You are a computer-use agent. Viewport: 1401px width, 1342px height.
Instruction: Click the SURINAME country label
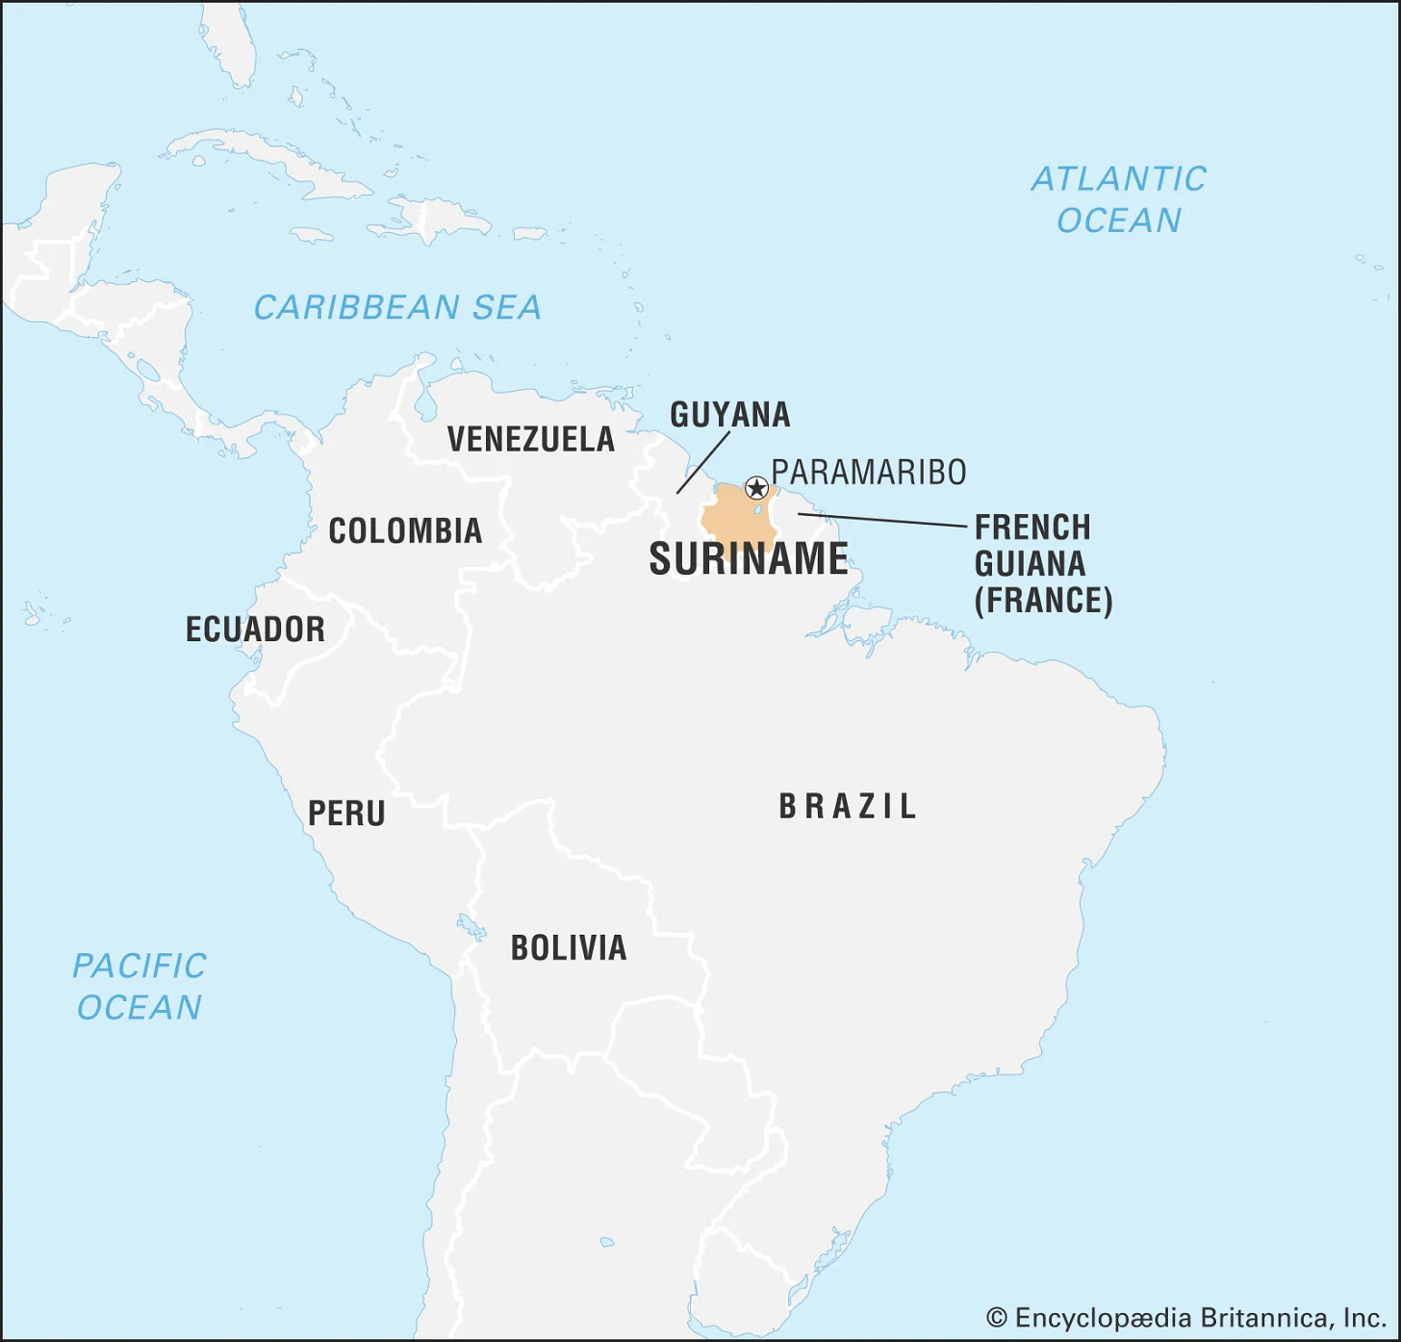(x=749, y=559)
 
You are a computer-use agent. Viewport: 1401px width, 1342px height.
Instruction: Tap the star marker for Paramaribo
(x=757, y=488)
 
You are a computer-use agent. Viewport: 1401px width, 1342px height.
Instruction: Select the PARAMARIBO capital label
(x=869, y=473)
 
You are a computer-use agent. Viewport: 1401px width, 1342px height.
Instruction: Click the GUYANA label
(x=730, y=415)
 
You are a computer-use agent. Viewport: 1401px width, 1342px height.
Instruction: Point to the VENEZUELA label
(x=531, y=440)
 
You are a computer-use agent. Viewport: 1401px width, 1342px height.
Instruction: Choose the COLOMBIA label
(x=405, y=531)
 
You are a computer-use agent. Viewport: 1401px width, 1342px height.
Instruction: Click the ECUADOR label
(x=255, y=630)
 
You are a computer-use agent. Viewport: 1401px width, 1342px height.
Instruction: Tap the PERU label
(x=346, y=814)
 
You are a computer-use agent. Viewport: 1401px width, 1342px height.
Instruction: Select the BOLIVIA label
(x=569, y=948)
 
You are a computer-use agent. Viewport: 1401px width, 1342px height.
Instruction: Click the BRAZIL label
(x=848, y=807)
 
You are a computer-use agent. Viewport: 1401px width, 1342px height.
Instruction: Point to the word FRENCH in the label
(x=1032, y=529)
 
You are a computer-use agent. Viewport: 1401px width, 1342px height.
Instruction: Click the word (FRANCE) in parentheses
(x=1043, y=601)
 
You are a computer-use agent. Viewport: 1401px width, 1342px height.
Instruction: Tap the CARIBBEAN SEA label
(x=397, y=308)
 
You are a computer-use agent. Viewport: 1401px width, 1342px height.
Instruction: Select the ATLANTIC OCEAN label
(x=1118, y=200)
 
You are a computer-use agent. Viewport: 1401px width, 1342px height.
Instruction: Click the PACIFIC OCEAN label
(x=140, y=987)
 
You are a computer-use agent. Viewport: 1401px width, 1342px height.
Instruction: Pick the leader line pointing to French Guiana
(x=881, y=521)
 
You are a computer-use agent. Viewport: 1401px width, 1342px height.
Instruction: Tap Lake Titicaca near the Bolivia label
(x=471, y=928)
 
